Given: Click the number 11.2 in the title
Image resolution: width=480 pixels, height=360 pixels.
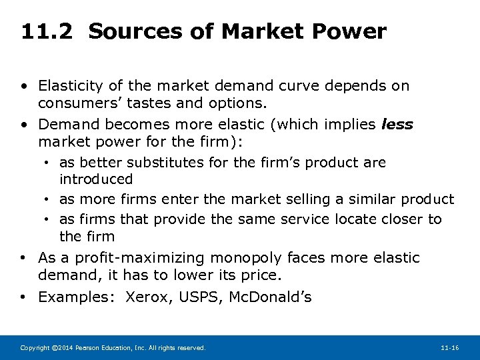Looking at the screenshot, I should tap(48, 31).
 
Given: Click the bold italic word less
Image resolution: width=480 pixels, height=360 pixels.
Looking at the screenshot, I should tap(397, 125).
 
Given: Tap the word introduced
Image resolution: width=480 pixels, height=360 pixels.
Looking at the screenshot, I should tap(96, 179).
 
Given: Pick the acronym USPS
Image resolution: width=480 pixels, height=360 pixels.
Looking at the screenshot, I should tap(202, 297).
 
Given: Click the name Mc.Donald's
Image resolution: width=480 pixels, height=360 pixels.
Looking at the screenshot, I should tap(270, 297).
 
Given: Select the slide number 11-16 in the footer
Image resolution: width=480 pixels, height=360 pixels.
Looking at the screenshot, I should tap(449, 348).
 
